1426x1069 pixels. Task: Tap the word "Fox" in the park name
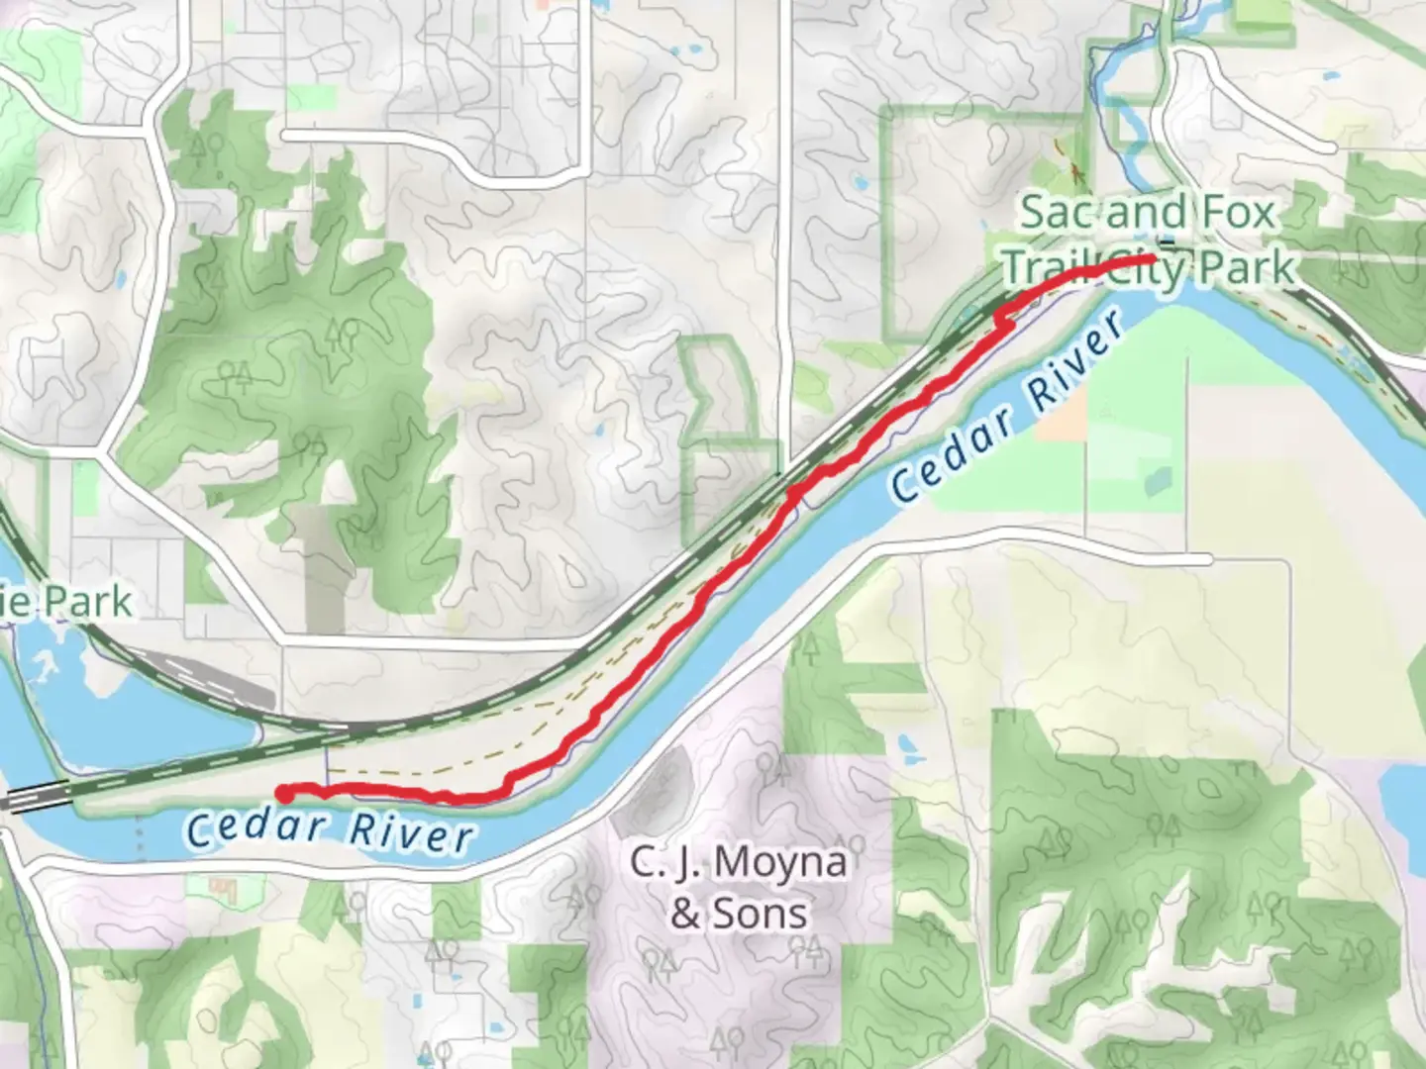pyautogui.click(x=1238, y=213)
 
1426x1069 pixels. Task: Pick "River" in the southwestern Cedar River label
pyautogui.click(x=411, y=833)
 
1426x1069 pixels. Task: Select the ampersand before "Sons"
pyautogui.click(x=685, y=915)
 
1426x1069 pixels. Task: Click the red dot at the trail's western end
pyautogui.click(x=283, y=793)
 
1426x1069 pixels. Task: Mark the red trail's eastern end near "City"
pyautogui.click(x=1152, y=259)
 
